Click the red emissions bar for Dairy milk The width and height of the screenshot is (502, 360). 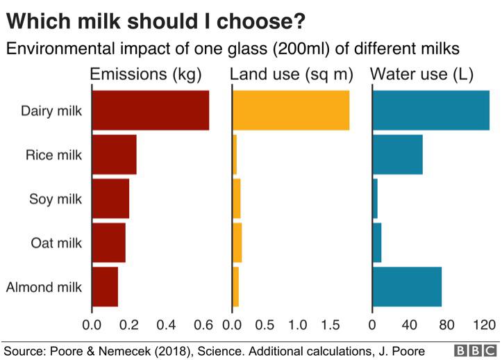[x=150, y=111]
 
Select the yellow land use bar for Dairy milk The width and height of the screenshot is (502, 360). [x=290, y=111]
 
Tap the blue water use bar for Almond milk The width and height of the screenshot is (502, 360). [x=407, y=286]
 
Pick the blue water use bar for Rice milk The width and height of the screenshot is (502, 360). [x=397, y=154]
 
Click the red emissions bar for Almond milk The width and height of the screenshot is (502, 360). [x=105, y=286]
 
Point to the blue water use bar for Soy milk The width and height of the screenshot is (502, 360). [x=375, y=199]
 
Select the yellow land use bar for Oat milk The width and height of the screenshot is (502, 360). [x=237, y=243]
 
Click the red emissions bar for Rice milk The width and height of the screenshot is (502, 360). [x=114, y=154]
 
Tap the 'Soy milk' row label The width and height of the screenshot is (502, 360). [x=56, y=199]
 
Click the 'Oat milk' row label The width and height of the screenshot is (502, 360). [x=57, y=243]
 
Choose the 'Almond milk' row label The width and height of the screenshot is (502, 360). [x=44, y=287]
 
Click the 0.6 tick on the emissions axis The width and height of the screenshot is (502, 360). [x=203, y=325]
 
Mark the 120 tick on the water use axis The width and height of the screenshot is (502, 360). [x=484, y=325]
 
